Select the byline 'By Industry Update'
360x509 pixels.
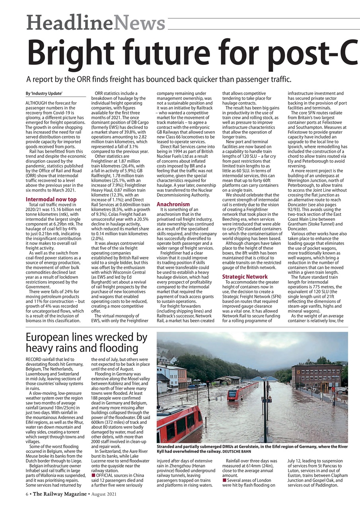(44, 93)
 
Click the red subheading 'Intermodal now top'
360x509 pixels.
(51, 199)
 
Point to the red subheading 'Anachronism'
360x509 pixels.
(173, 204)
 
